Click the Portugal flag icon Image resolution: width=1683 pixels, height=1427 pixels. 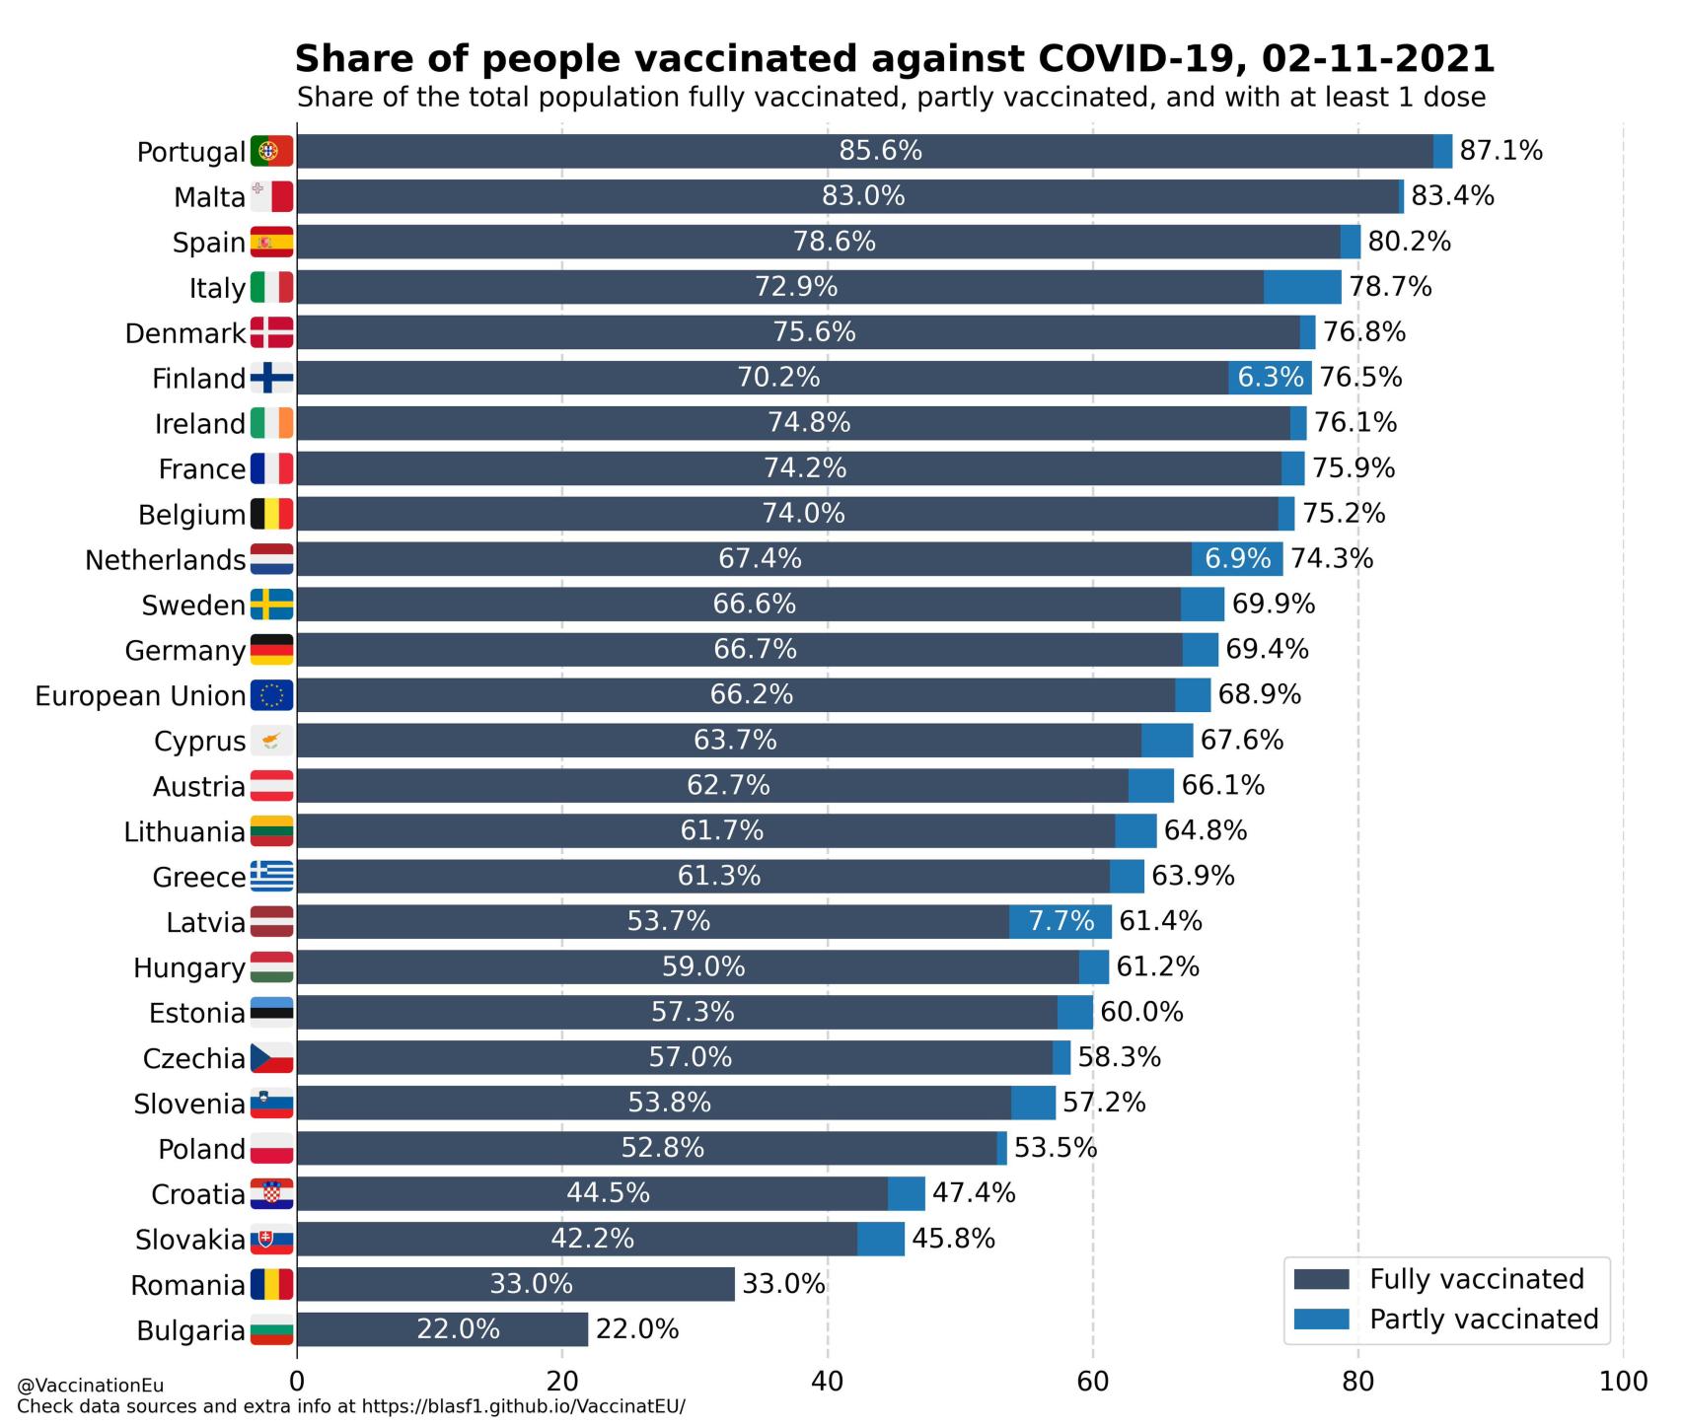click(x=271, y=152)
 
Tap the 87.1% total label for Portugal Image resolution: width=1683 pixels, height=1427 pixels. click(x=1500, y=151)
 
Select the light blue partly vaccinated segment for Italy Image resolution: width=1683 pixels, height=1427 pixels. click(x=1302, y=287)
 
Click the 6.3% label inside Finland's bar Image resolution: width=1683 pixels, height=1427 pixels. click(x=1271, y=378)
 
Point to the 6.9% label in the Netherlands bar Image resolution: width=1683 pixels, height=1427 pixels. click(x=1237, y=559)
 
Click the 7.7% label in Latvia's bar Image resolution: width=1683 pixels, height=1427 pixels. click(x=1061, y=921)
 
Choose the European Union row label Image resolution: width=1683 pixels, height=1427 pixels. click(x=140, y=696)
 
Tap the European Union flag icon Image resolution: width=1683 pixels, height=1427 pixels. click(x=271, y=695)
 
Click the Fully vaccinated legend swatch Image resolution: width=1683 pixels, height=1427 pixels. click(x=1321, y=1280)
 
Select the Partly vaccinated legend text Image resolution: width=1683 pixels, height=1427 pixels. click(x=1484, y=1320)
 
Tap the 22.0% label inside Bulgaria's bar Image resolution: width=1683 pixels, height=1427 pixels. click(x=458, y=1329)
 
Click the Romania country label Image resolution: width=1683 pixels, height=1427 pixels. click(x=187, y=1286)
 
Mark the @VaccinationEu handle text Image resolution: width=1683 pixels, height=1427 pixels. click(x=91, y=1387)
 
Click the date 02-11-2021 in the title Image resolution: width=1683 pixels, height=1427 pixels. click(x=1377, y=59)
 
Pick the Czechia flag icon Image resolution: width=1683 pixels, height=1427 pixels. click(x=271, y=1058)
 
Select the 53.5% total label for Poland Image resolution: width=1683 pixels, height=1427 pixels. click(x=1056, y=1148)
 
